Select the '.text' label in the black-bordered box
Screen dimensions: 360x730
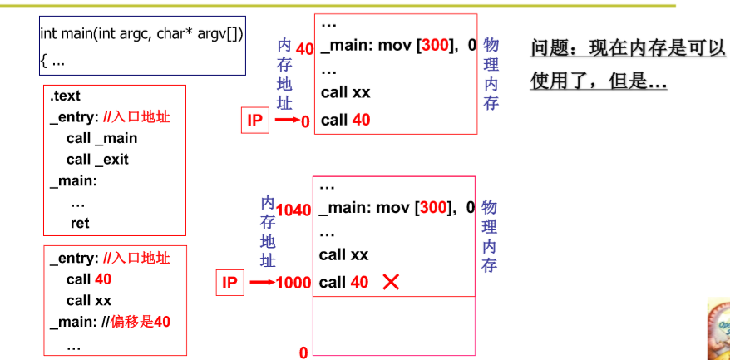[66, 96]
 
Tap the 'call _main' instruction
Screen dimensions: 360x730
[101, 138]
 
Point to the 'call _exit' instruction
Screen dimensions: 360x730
[98, 159]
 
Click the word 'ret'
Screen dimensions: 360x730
[80, 223]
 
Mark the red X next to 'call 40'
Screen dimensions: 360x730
[391, 282]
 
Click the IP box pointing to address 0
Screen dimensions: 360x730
[254, 121]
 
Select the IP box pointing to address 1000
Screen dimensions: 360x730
[230, 283]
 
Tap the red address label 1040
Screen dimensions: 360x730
[295, 210]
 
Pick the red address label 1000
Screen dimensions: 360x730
[295, 283]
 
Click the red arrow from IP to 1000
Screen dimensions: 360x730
[262, 283]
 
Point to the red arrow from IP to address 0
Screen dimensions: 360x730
[287, 121]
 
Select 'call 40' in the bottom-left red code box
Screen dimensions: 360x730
[89, 279]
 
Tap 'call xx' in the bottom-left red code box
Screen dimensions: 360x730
[89, 300]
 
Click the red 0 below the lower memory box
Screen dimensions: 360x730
[303, 353]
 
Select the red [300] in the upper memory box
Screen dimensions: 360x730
[435, 45]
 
